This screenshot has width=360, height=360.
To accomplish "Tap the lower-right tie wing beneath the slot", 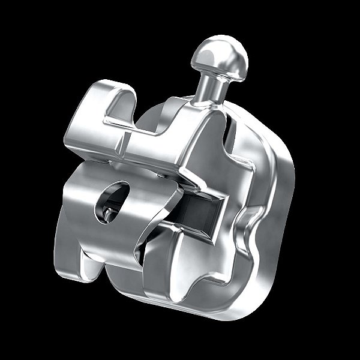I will pyautogui.click(x=180, y=264).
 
